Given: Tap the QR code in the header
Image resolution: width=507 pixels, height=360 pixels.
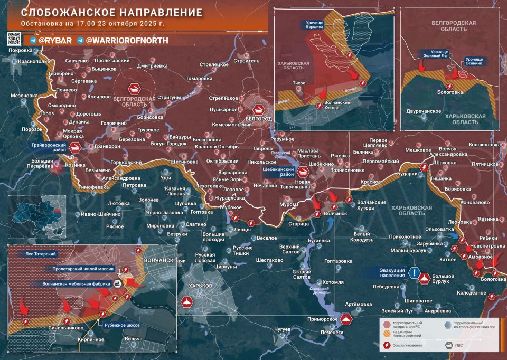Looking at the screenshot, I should coord(14,39).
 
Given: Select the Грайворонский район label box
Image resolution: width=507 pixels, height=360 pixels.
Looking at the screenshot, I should coord(49,147).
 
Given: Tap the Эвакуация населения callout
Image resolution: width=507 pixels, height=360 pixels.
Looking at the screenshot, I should coord(392,273).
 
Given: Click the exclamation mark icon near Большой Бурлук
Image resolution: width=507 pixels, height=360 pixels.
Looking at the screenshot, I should coord(416,273).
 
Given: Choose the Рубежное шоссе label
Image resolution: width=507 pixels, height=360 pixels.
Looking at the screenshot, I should coord(122,326).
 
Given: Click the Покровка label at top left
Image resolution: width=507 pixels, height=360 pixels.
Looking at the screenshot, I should coord(20,51).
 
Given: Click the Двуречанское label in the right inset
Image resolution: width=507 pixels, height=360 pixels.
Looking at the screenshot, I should coord(424,111).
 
